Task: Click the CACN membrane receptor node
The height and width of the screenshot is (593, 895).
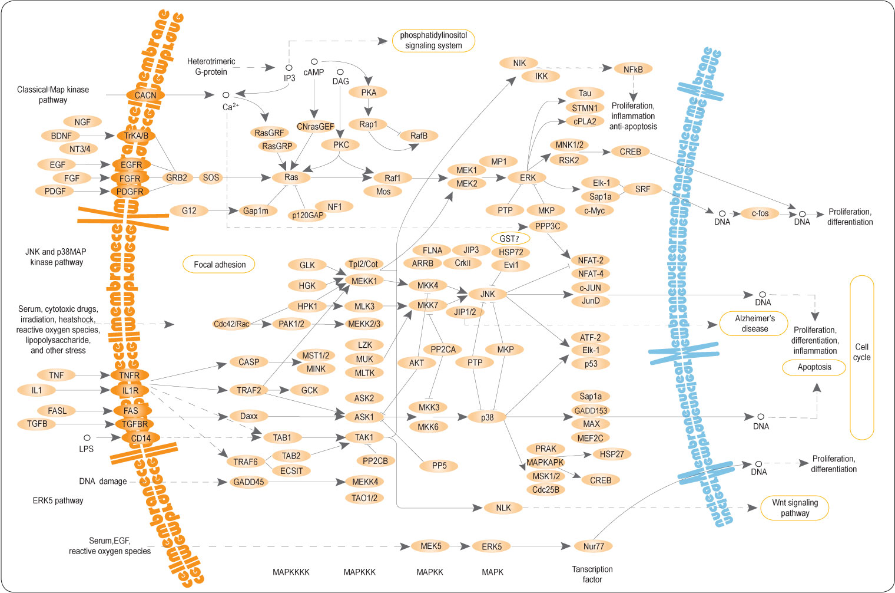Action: point(145,95)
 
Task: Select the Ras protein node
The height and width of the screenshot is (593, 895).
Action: point(291,177)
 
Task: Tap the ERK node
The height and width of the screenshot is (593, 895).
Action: point(528,177)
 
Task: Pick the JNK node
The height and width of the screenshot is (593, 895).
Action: point(488,294)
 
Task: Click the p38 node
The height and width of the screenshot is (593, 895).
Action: point(487,417)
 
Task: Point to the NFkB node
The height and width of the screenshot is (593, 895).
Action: point(633,70)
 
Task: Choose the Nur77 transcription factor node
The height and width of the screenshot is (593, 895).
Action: point(594,546)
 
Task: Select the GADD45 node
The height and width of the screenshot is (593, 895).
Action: point(248,482)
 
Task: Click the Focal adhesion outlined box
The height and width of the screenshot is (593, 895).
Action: point(220,265)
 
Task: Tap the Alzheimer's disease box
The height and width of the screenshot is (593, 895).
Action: point(754,324)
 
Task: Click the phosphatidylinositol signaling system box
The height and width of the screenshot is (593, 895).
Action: point(433,41)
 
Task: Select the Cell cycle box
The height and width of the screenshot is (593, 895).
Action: point(861,357)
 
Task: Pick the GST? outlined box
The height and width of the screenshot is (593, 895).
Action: point(510,239)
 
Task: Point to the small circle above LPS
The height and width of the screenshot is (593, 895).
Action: point(87,438)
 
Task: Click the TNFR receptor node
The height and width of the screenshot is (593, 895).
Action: point(130,375)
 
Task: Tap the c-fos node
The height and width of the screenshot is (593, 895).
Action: point(760,213)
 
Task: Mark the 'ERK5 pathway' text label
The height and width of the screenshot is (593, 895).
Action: point(58,500)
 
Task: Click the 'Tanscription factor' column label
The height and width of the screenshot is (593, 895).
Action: point(592,574)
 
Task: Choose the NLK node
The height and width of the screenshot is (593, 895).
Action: point(503,508)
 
